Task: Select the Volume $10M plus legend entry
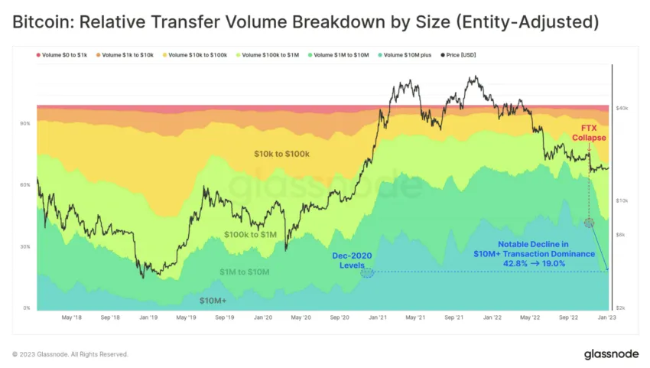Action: [x=405, y=54]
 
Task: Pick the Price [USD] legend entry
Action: [x=458, y=54]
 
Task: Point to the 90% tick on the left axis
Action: [x=25, y=123]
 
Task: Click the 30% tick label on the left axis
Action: [x=25, y=246]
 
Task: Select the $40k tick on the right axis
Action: [x=622, y=109]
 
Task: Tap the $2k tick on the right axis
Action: [x=622, y=308]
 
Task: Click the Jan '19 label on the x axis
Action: [x=148, y=316]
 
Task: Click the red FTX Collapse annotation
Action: [x=589, y=132]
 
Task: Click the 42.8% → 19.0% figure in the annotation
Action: [x=535, y=263]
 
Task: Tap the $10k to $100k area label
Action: [x=281, y=155]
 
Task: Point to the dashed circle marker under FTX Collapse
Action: [x=589, y=223]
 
